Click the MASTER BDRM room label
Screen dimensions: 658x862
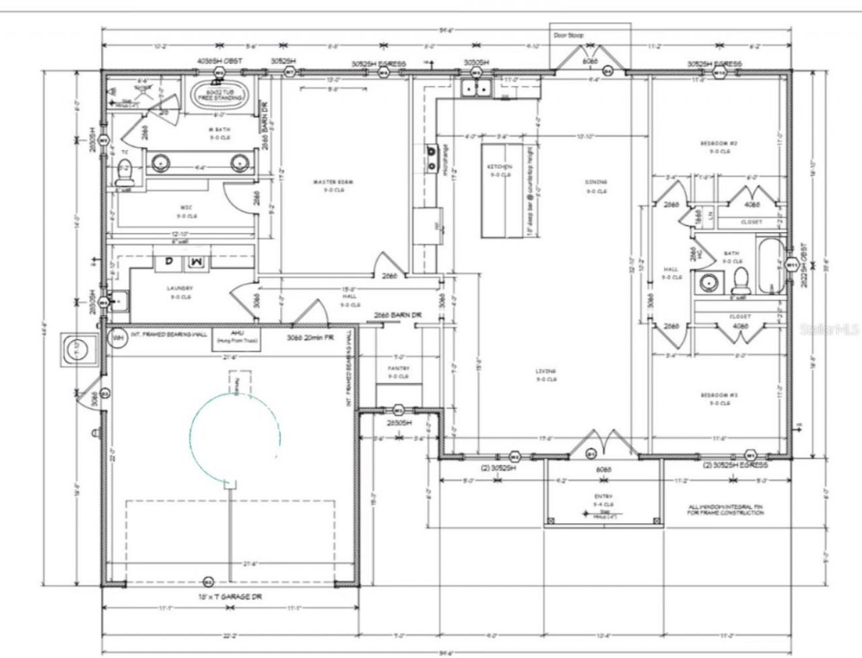tap(333, 182)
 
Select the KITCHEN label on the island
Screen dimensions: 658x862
tap(499, 166)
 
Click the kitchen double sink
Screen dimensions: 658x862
tap(477, 88)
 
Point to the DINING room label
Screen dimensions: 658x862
tap(596, 182)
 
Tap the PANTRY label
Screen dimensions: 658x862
tap(398, 368)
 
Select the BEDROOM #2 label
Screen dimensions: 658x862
tap(719, 143)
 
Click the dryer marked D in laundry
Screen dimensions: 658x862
tap(170, 261)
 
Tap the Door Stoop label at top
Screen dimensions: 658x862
tap(568, 35)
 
